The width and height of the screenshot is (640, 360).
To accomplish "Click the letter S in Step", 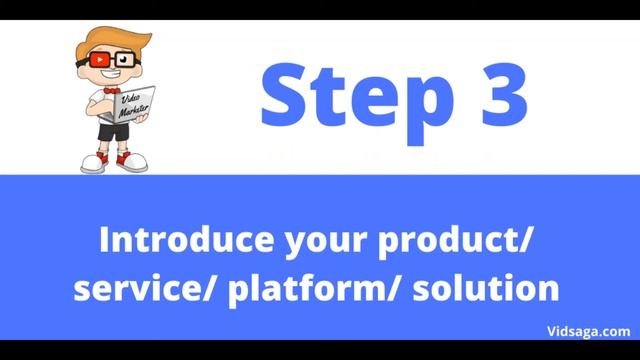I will click(283, 93).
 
